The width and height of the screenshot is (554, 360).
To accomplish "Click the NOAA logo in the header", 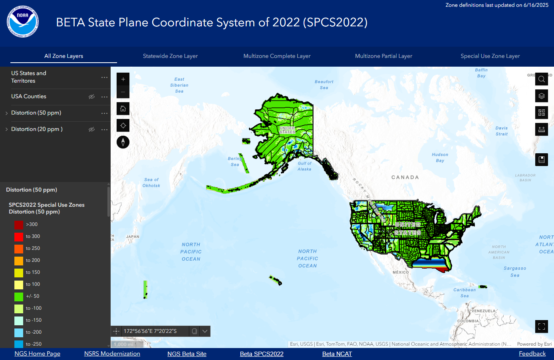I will coord(23,22).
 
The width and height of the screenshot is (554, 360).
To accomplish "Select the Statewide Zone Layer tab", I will coord(170,56).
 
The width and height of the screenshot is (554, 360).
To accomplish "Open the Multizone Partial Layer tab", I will coord(383,56).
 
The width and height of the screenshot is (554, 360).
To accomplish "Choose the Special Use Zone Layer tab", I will coord(490,56).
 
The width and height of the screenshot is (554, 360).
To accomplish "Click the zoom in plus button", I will coord(123,79).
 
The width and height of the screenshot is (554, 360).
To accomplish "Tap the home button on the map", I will coord(123,109).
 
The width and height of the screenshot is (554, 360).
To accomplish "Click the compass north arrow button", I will coord(123,142).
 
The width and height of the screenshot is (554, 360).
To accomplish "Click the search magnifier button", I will coord(541,79).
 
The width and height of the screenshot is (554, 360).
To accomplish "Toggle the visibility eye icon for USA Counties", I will coord(91,97).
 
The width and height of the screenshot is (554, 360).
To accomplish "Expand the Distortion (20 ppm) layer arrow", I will coord(6,129).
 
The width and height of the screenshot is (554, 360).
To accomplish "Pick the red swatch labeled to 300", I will coord(19,237).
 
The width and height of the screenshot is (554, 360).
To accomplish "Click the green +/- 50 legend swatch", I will coord(19,297).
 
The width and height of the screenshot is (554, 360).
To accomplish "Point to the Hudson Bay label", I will coord(440,158).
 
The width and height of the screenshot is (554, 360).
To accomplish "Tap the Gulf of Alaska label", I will coord(304,166).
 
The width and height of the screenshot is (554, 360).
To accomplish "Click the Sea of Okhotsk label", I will coord(151,182).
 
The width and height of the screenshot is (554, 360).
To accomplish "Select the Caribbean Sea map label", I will coord(465,293).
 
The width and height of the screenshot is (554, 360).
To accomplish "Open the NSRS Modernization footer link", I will coord(112,354).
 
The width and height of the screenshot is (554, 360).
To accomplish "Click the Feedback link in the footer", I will coord(532,354).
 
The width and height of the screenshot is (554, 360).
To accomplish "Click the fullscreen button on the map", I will coord(541,326).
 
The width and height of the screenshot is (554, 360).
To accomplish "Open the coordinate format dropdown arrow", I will coord(205,331).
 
